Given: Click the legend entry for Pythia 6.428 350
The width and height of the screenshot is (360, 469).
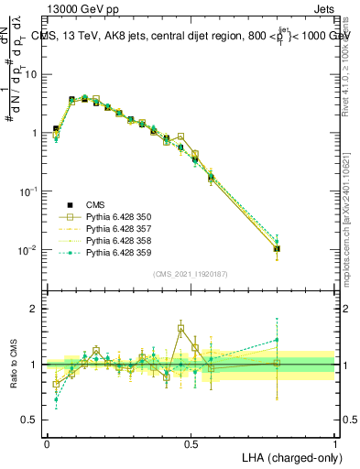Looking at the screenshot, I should coord(107,217).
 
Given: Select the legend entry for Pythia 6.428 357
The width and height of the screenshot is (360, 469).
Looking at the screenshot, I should coord(107,229).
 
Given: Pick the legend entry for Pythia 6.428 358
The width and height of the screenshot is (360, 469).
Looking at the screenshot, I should coord(107,240).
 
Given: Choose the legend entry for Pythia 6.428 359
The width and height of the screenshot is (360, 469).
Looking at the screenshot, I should coord(107,252).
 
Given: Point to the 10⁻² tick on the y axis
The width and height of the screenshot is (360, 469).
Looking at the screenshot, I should coord(27,250).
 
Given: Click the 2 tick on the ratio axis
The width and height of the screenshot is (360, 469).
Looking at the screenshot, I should coord(33,310).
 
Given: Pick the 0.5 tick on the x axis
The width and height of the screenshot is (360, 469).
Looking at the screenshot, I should coord(191,443).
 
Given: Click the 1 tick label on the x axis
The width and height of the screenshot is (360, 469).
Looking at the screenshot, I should coord(336,443).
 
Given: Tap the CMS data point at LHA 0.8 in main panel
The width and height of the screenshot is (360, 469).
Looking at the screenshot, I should coord(278,248).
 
